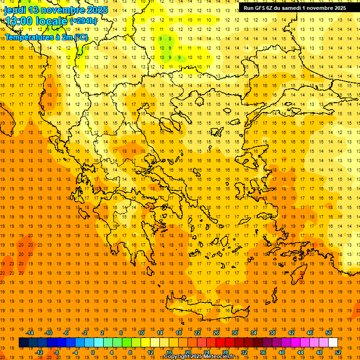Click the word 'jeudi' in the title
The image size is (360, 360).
(x=15, y=10)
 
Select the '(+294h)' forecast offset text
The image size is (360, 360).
(x=83, y=21)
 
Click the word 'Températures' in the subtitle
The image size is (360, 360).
(x=28, y=37)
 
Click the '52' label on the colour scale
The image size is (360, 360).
(x=338, y=352)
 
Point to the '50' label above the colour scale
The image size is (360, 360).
(x=329, y=333)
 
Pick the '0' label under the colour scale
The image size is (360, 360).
(x=93, y=352)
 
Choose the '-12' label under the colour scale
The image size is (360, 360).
(x=39, y=352)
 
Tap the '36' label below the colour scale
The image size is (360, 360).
(x=263, y=352)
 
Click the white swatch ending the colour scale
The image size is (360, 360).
(x=333, y=343)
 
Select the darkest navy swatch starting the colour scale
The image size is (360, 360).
(x=23, y=343)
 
